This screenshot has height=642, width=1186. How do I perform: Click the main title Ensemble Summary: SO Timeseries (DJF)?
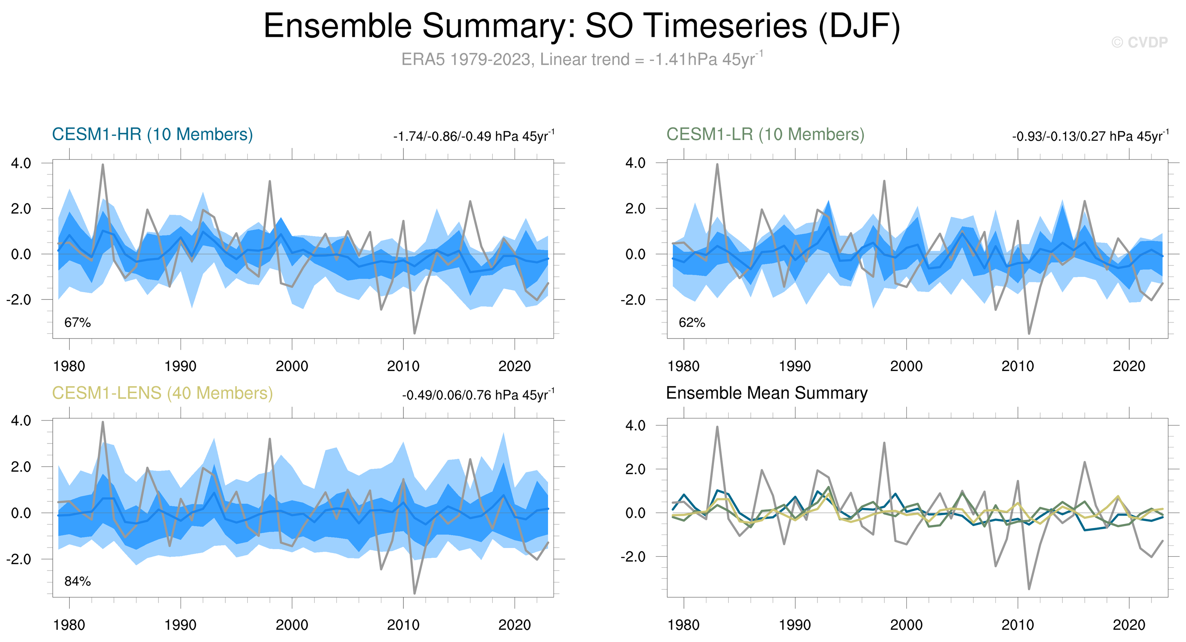point(582,26)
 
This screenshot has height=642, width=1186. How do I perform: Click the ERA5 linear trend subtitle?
point(582,59)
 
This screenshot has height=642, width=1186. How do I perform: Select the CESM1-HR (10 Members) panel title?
point(153,134)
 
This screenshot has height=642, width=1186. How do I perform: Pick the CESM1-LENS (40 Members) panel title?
point(162,393)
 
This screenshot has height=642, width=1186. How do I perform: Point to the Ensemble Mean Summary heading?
point(767,393)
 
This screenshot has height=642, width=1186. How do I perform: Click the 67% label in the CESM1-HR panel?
point(77,322)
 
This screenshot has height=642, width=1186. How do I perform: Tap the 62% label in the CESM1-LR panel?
point(691,322)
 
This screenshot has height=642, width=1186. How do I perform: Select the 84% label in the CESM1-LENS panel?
point(77,581)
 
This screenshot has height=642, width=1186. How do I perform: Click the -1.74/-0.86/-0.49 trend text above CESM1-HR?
point(473,136)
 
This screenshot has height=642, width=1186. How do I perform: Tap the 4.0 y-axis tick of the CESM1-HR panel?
point(21,163)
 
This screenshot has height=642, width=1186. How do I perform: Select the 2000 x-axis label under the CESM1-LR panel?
point(906,367)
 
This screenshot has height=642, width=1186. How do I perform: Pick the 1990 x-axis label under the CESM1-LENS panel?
point(181,625)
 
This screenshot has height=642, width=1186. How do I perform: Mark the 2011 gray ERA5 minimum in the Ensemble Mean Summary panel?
point(1029,588)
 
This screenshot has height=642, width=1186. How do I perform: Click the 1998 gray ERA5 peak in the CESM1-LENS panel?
point(270,439)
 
